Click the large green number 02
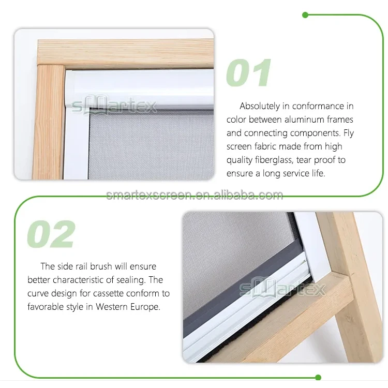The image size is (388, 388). (51, 234)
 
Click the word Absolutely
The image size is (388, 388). (261, 106)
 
